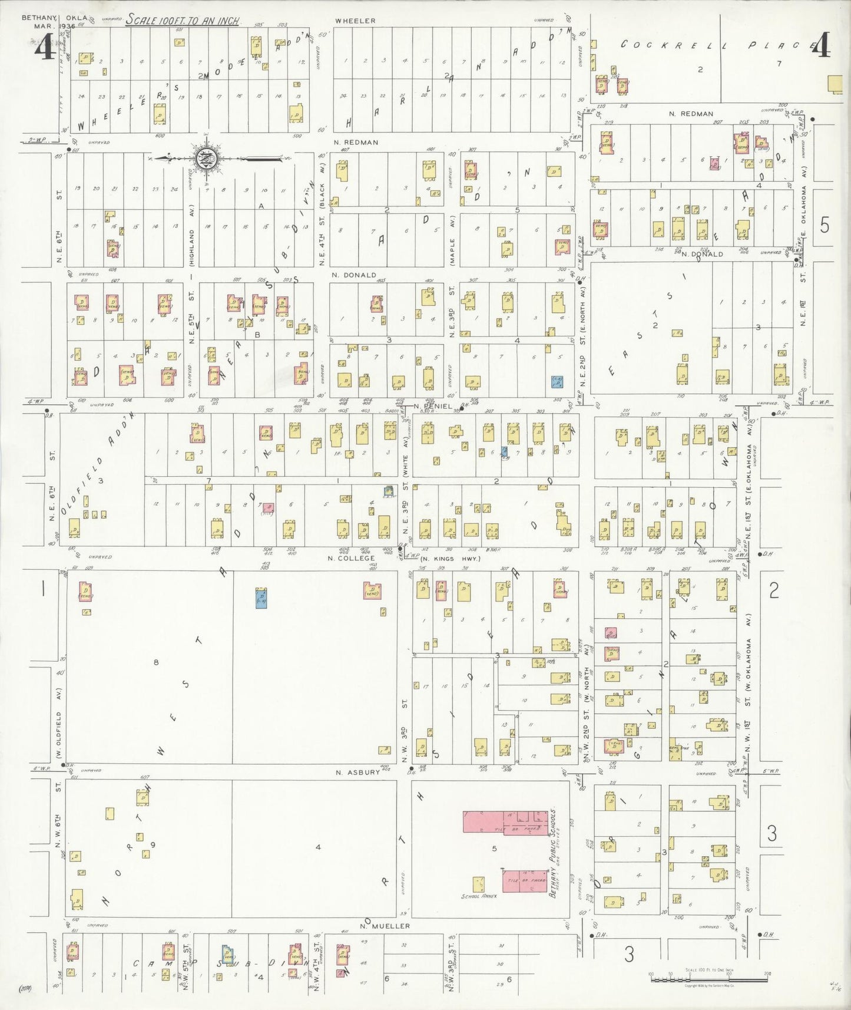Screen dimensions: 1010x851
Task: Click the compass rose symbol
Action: point(207,158)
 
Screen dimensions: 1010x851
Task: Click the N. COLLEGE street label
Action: point(352,558)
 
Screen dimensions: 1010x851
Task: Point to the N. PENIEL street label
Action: point(432,406)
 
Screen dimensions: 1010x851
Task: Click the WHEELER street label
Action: point(355,21)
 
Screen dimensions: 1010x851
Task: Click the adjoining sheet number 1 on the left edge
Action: point(42,589)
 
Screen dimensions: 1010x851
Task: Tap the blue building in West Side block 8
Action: point(261,598)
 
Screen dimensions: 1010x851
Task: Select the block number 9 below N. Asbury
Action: point(153,844)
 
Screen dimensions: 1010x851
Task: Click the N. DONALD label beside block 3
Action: point(353,275)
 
